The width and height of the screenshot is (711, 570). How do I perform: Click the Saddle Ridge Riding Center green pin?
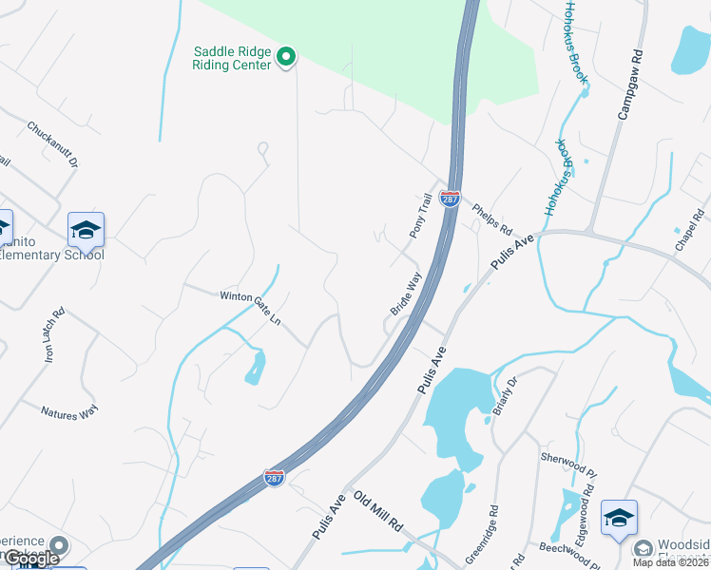286,59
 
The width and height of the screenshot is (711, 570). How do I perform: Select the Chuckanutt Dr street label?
52,144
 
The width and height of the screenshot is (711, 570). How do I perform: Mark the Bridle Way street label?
405,295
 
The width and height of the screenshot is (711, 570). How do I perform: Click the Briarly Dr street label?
504,396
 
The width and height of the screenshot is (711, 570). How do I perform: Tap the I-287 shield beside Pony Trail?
451,199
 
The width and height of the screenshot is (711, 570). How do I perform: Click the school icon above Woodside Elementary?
619,518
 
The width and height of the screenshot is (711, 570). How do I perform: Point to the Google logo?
31,559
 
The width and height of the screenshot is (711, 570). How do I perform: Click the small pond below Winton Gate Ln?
255,366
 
